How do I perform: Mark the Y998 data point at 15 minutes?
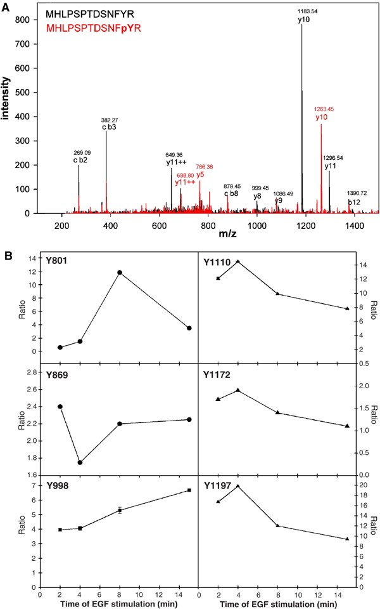click(189, 490)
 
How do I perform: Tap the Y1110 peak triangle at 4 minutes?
click(237, 261)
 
